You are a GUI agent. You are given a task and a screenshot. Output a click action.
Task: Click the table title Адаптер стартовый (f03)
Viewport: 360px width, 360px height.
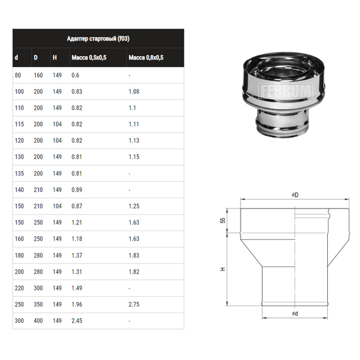click(x=99, y=39)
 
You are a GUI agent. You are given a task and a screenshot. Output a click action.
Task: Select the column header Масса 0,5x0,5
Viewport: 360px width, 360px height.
click(x=88, y=58)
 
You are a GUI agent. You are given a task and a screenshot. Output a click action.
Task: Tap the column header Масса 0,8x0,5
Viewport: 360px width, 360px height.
click(x=146, y=58)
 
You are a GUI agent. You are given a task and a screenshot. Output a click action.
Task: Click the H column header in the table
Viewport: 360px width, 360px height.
click(x=56, y=58)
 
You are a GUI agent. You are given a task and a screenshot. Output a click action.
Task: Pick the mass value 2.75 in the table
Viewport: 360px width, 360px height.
click(x=134, y=304)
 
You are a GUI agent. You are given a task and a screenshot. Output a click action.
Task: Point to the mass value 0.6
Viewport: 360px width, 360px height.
click(x=75, y=75)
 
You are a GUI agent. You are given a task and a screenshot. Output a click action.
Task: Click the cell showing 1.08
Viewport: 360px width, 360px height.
click(x=134, y=92)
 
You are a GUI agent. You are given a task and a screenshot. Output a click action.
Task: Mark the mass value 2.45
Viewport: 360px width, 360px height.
click(x=77, y=320)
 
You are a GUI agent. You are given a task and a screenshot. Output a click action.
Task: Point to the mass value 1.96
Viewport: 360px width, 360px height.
click(x=77, y=304)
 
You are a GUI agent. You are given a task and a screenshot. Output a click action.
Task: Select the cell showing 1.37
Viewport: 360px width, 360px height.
click(x=77, y=255)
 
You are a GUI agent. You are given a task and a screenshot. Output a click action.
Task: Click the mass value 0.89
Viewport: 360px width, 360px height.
click(x=77, y=189)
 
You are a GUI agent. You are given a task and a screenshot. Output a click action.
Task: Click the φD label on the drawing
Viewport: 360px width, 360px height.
click(x=295, y=196)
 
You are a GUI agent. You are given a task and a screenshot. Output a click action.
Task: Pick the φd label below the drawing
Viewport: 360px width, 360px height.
click(x=295, y=314)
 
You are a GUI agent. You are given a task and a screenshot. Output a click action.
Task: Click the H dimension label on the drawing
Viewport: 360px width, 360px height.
click(x=223, y=269)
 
